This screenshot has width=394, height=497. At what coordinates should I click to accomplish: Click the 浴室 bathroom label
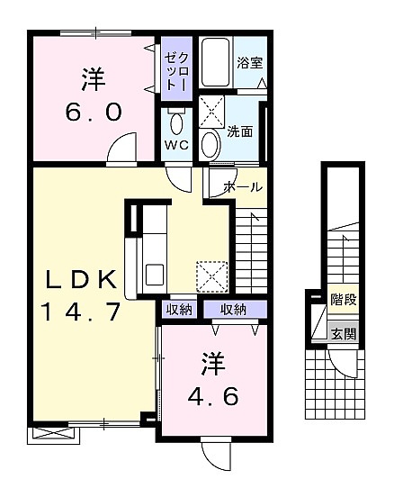(249, 63)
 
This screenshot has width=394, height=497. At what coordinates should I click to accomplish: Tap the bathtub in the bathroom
(216, 62)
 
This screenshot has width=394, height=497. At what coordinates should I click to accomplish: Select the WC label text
(176, 145)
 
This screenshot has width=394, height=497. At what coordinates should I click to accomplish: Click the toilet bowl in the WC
(176, 124)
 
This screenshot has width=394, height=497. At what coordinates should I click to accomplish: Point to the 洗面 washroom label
(240, 131)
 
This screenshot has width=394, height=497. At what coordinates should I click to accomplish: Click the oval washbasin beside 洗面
(210, 145)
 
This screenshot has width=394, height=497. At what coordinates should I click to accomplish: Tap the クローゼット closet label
(176, 70)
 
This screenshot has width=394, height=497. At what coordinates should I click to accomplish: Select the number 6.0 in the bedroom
(94, 112)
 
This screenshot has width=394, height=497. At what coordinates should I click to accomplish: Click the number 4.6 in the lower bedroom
(213, 396)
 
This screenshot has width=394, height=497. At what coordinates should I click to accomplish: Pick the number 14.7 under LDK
(81, 312)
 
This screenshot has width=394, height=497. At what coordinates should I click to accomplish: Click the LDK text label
(81, 279)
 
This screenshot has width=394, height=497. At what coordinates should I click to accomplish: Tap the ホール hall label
(243, 187)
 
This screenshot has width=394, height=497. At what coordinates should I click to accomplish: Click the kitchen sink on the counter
(155, 275)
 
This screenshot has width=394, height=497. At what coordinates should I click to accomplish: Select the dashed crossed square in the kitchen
(212, 276)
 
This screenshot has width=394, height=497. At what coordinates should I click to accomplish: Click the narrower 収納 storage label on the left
(179, 310)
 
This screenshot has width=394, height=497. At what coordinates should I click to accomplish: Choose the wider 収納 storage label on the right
(233, 310)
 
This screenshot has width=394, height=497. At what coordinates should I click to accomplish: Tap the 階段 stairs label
(344, 299)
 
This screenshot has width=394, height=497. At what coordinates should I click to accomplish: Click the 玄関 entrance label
(344, 334)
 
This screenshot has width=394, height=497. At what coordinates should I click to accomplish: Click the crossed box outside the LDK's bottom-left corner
(53, 435)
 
